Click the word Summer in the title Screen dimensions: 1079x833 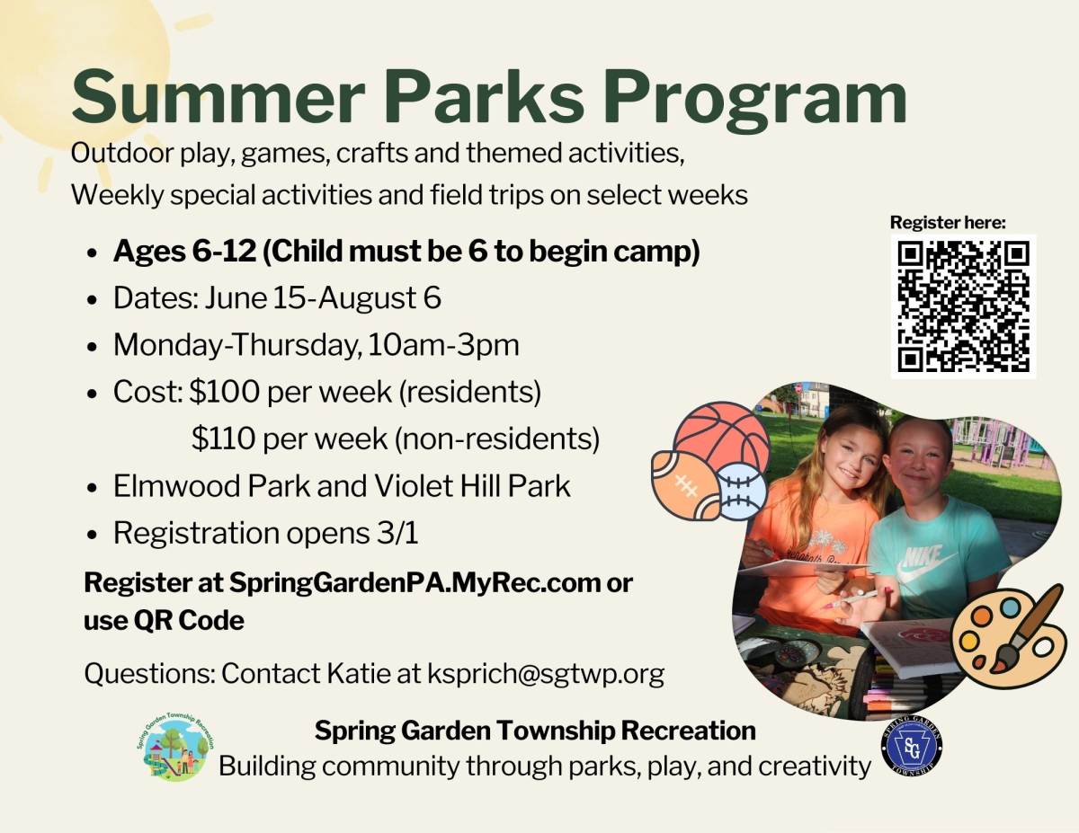point(218,97)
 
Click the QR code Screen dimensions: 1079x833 point(963,306)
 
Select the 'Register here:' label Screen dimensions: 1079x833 point(948,223)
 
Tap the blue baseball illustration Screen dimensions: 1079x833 point(744,492)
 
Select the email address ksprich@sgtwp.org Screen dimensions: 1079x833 point(546,674)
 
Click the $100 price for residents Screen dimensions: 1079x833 point(225,392)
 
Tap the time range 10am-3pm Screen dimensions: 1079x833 point(443,345)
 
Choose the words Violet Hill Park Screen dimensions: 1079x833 point(472,485)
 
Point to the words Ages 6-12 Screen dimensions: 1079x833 point(184,252)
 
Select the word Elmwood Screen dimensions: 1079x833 point(179,485)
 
